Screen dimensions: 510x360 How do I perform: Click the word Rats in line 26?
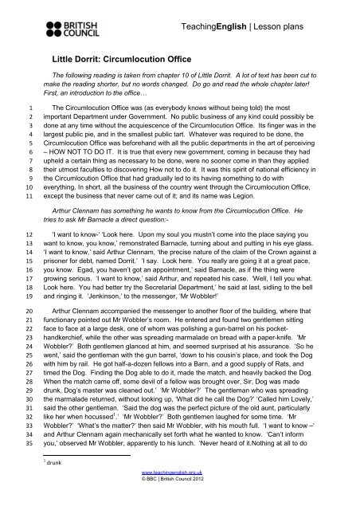coord(295,364)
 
